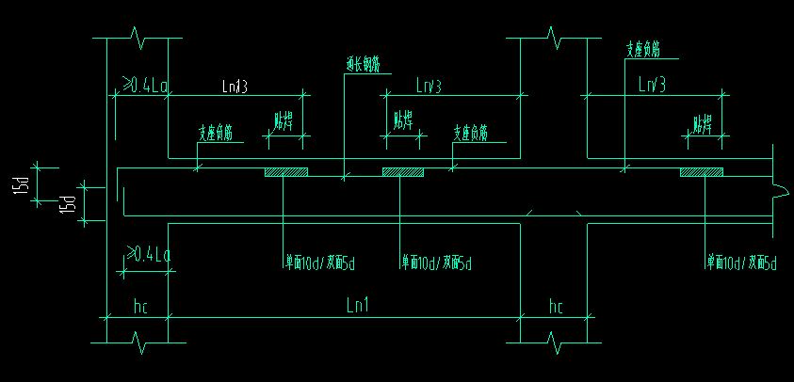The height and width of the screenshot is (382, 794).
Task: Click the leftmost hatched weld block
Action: coord(286,172)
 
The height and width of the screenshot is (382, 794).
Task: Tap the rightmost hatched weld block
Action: coord(702,172)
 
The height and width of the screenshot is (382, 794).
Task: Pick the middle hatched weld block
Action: coord(403,172)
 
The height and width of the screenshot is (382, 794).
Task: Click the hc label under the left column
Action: coord(139,307)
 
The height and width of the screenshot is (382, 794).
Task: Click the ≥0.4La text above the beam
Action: coord(145,87)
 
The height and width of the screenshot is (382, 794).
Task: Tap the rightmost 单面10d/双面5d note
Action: coord(743,263)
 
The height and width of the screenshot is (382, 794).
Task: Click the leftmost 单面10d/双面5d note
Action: coord(321,263)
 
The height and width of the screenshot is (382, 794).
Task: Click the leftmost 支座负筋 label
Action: coord(215,134)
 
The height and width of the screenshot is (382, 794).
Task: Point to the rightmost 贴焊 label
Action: coord(703,123)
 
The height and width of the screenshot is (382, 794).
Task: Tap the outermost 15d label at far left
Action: coord(20,186)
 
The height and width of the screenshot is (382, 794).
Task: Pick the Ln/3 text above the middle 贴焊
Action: coord(429,86)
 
